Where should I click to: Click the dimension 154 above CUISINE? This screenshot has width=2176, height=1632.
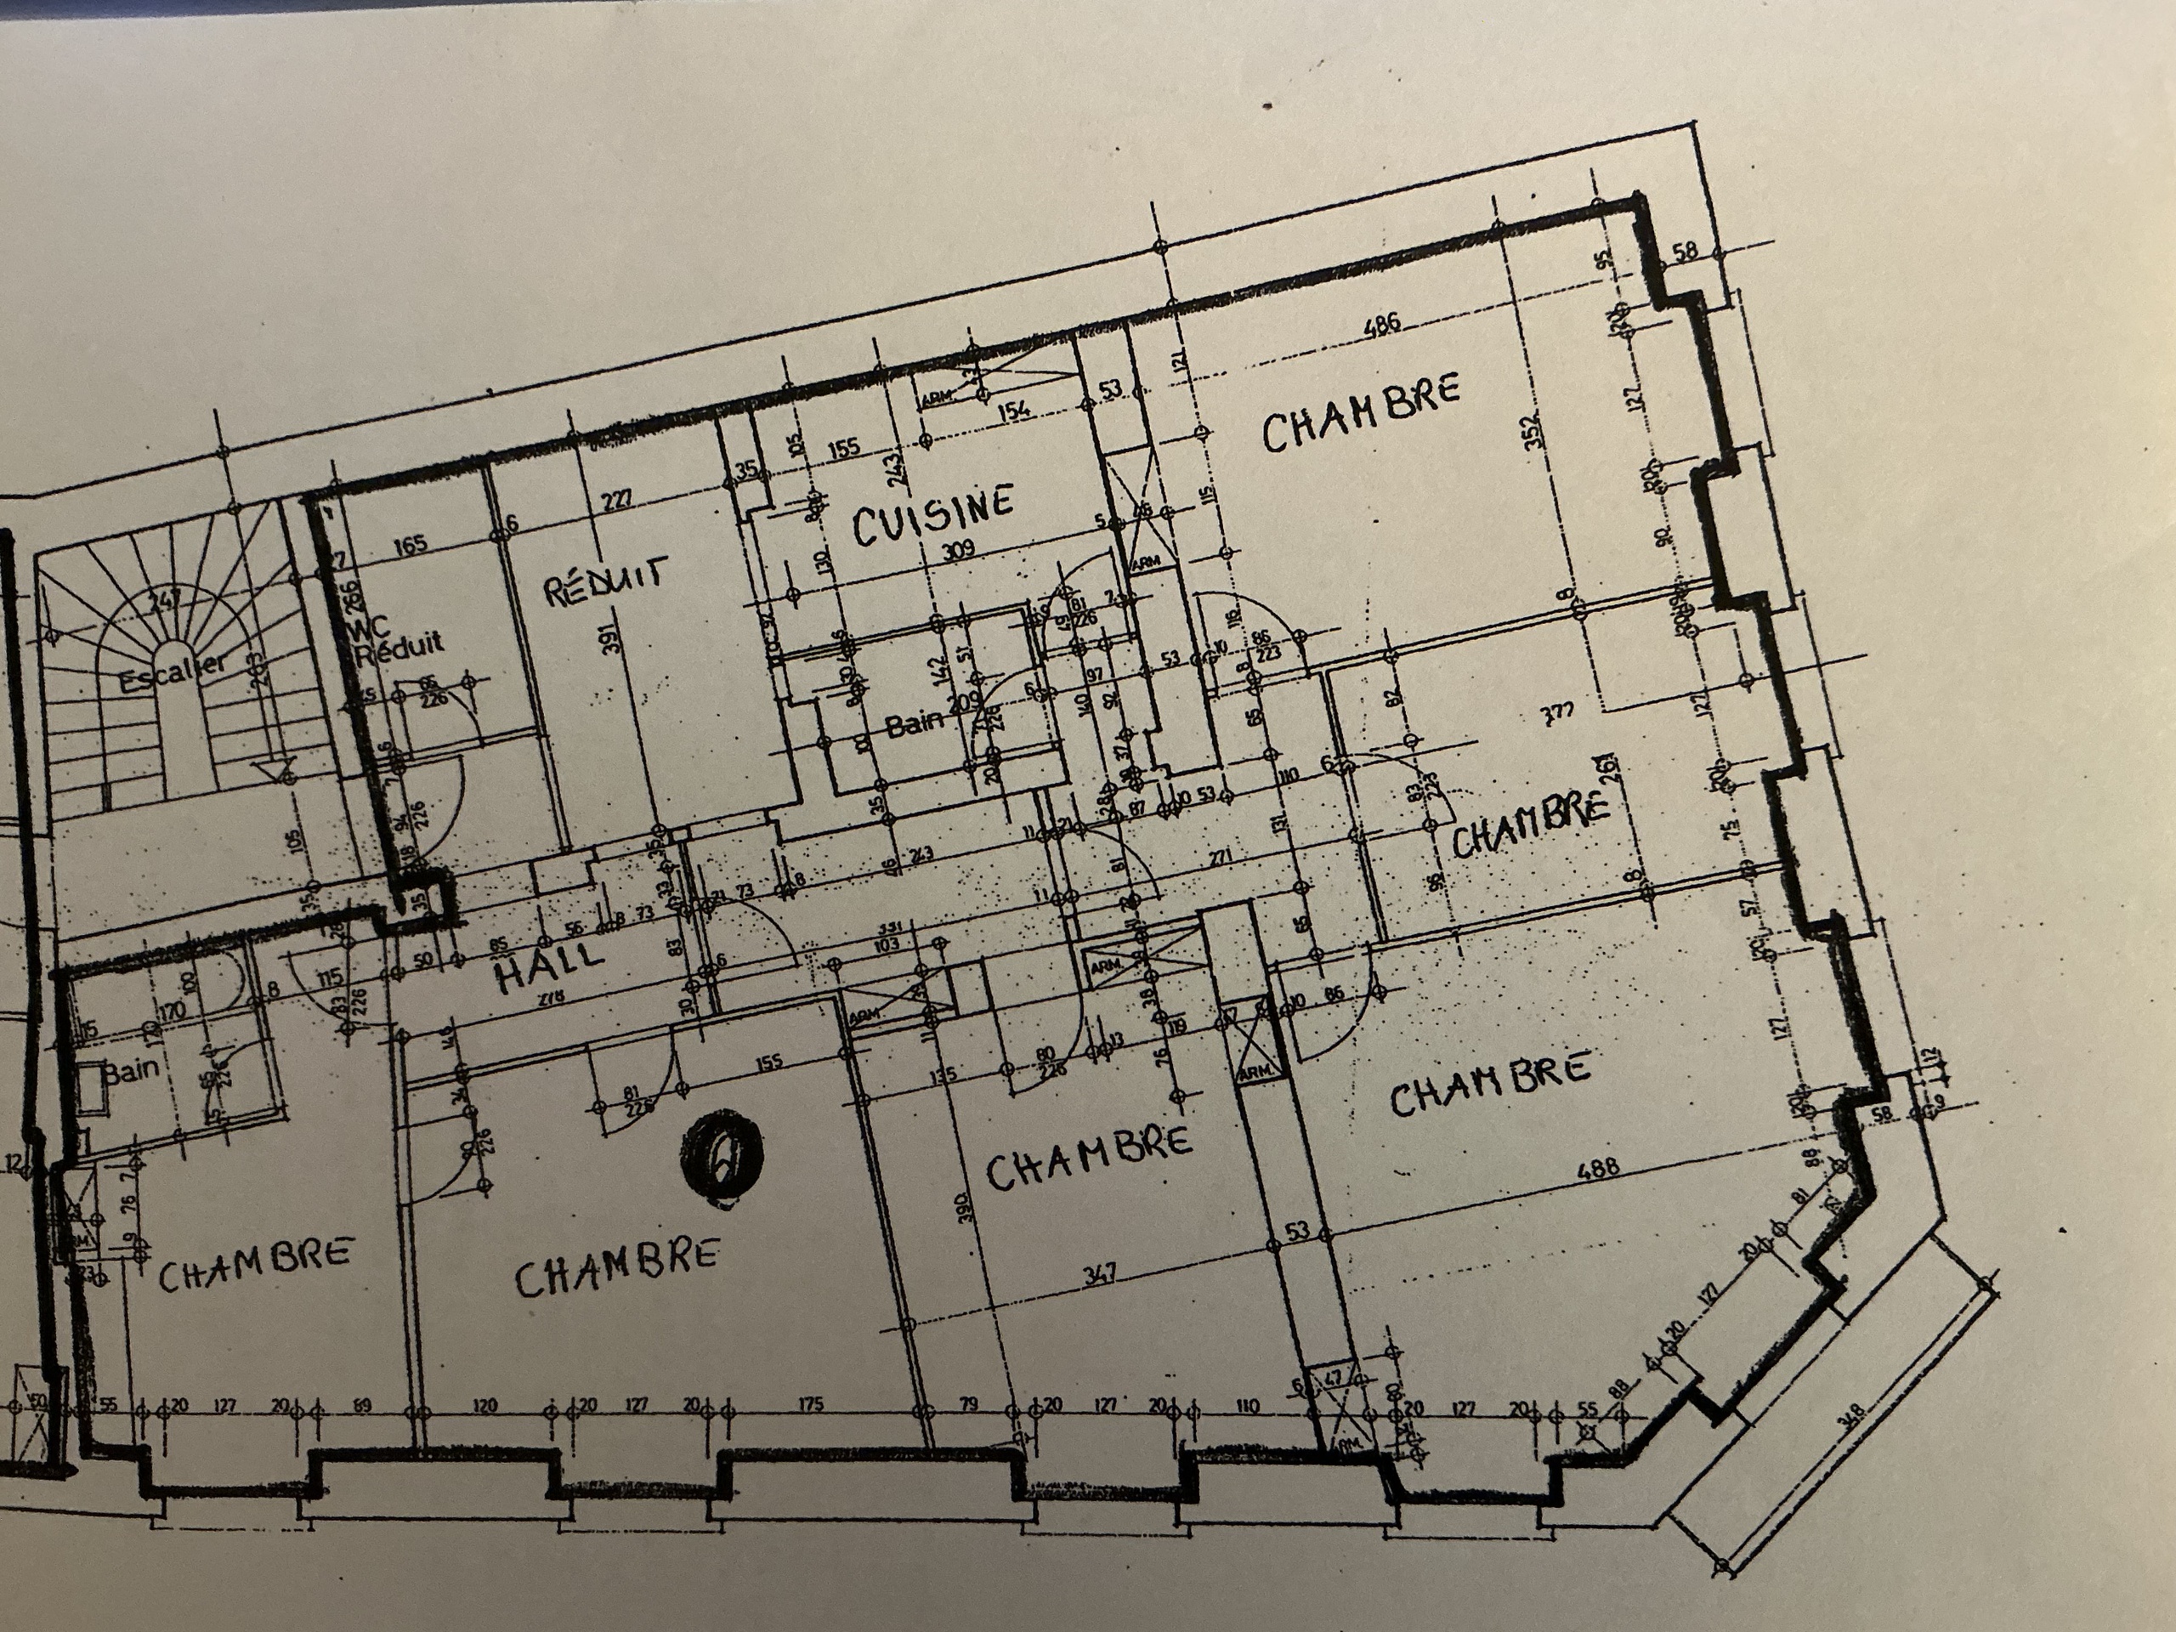coord(1014,409)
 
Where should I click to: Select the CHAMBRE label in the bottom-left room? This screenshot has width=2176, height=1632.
coord(255,1264)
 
